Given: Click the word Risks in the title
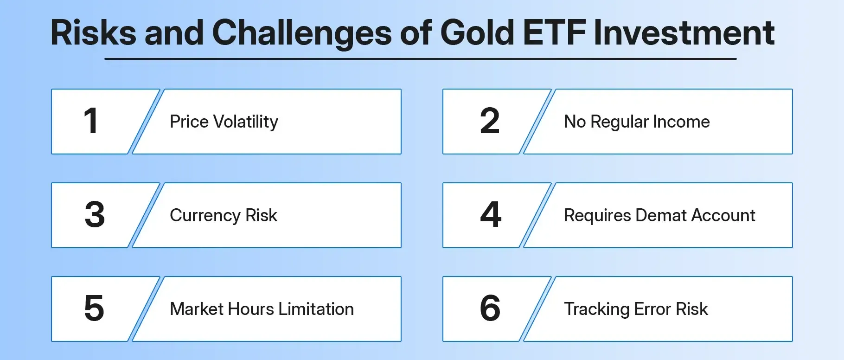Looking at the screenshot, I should (x=93, y=33).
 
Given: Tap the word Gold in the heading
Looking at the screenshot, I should (x=477, y=33).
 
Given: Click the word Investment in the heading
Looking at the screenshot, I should (x=684, y=33).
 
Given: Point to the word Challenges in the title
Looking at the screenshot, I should (x=302, y=34).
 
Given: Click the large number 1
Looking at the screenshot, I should (x=91, y=121).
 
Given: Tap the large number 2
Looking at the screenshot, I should (x=490, y=121).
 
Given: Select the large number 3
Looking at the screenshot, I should (x=95, y=215).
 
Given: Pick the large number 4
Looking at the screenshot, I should (x=491, y=215).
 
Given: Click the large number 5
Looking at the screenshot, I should (x=94, y=309).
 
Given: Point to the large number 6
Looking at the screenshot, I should (x=490, y=309).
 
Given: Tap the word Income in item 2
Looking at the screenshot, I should (x=681, y=122).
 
